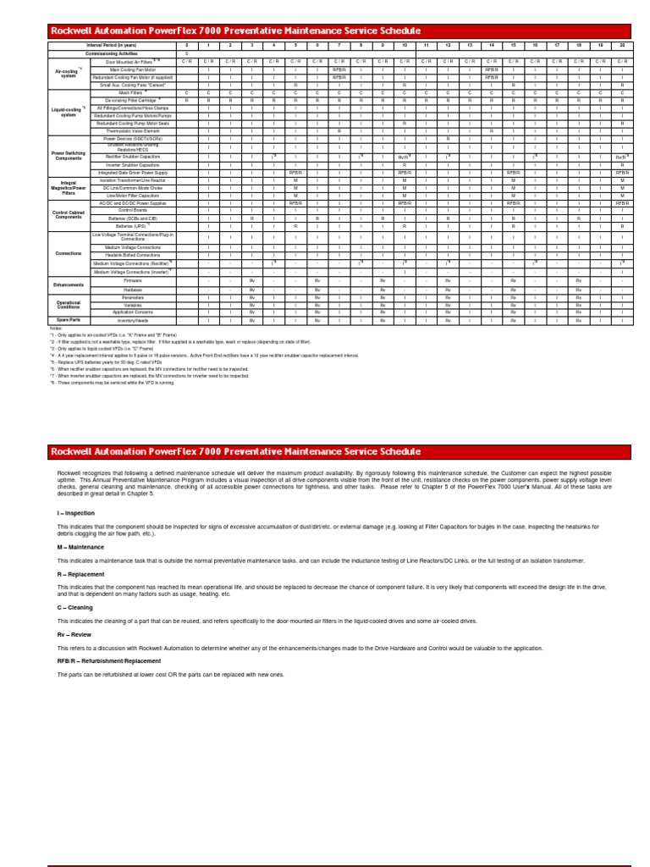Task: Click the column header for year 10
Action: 405,45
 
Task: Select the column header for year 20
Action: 621,45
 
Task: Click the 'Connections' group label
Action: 69,253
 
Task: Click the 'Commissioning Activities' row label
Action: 111,52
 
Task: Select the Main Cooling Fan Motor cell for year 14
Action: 491,69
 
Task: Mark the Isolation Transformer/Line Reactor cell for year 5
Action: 296,180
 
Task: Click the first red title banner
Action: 339,31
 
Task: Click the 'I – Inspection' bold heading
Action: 75,513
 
